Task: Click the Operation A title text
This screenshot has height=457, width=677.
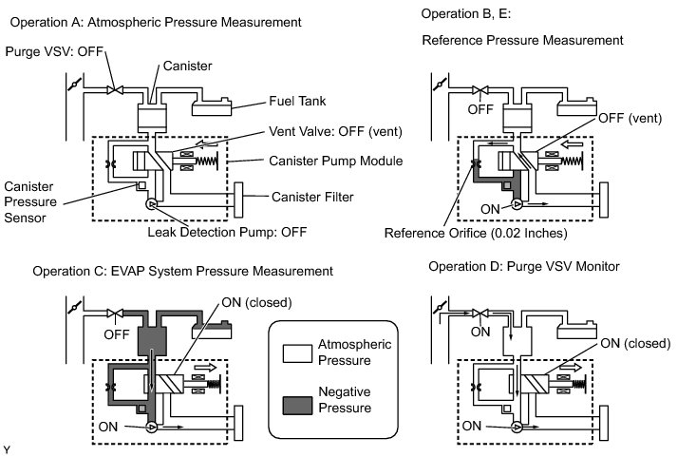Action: tap(156, 23)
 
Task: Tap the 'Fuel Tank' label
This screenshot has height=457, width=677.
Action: tap(297, 101)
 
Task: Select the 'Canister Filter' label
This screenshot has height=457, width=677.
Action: tap(312, 197)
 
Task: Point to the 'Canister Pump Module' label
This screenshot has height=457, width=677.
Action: tap(335, 162)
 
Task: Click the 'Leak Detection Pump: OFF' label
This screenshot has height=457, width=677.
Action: tap(227, 232)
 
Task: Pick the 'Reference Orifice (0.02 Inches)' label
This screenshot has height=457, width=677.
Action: tap(476, 234)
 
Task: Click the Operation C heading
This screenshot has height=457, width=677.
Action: tap(182, 272)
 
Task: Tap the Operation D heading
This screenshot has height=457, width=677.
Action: tap(524, 267)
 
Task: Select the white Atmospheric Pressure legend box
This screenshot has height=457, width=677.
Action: tap(297, 353)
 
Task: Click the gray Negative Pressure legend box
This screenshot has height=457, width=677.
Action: tap(297, 406)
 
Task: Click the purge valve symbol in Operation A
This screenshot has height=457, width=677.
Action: tap(115, 90)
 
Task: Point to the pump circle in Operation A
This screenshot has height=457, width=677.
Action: tap(152, 204)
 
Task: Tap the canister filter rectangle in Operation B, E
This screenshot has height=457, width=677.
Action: tap(604, 200)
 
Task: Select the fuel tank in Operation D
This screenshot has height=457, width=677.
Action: tap(577, 332)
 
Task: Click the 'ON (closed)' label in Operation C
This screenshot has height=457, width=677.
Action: tap(256, 302)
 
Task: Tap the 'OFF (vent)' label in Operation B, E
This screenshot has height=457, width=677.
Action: tap(630, 118)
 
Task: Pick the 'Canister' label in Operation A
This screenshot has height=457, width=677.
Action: tap(187, 67)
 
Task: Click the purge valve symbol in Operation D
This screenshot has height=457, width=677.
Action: tap(480, 313)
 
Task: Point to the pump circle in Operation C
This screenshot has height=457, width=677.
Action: tap(152, 428)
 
